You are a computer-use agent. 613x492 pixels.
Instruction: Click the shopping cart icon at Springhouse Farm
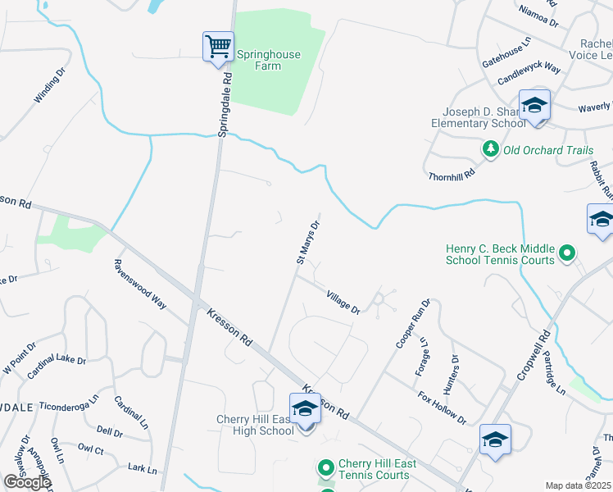point(218,46)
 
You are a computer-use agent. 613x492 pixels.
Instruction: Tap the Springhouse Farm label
point(268,60)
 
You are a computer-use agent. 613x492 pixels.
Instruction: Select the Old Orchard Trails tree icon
point(491,149)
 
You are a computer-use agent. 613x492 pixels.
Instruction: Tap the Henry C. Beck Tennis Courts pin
point(567,254)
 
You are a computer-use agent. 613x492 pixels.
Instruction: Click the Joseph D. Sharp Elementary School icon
point(534,106)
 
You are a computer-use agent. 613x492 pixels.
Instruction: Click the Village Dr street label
point(343,303)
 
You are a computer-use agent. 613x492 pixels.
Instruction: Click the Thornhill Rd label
point(452,175)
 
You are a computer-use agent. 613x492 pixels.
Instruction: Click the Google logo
point(27,482)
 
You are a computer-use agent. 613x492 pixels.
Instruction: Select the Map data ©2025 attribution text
point(579,486)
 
